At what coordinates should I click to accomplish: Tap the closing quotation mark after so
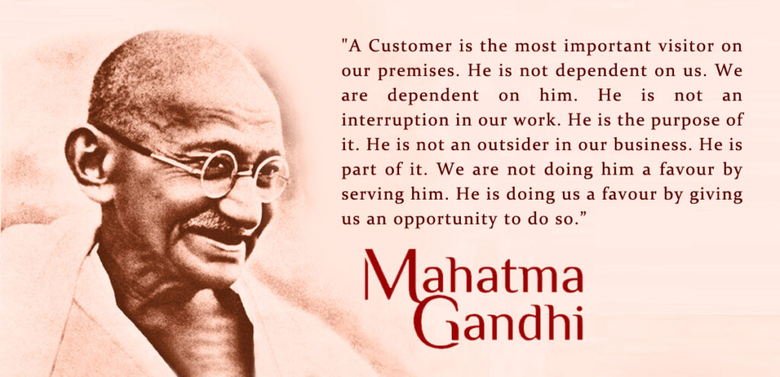click(583, 216)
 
